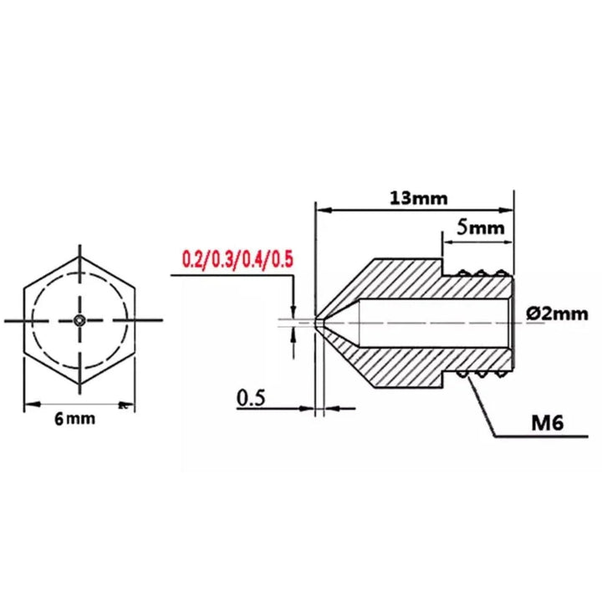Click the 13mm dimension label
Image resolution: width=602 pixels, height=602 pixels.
[x=418, y=198]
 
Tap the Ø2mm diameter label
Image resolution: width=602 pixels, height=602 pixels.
[x=559, y=314]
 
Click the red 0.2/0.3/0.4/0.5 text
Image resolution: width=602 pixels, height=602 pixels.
[x=238, y=258]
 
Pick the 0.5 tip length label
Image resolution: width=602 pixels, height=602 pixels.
[x=252, y=399]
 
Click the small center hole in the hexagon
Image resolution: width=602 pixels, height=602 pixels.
[x=79, y=320]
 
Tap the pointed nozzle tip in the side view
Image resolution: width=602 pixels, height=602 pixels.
[x=318, y=320]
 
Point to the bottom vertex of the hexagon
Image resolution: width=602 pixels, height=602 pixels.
[x=79, y=385]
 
